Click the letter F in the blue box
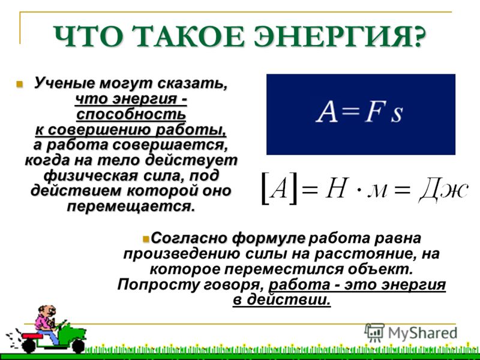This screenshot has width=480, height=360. [x=373, y=112]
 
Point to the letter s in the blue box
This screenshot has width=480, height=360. [x=397, y=114]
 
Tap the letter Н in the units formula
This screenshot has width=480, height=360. [x=337, y=188]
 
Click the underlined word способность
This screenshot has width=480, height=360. [x=131, y=115]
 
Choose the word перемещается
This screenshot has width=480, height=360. [x=131, y=206]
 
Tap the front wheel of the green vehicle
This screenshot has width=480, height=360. [x=79, y=347]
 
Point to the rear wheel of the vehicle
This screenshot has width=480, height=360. [x=29, y=346]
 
